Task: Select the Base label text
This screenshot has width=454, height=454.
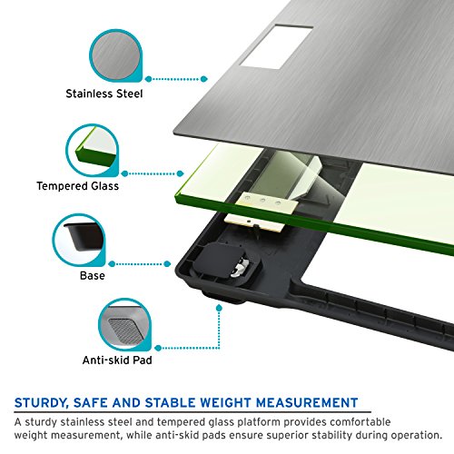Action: [91, 274]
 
